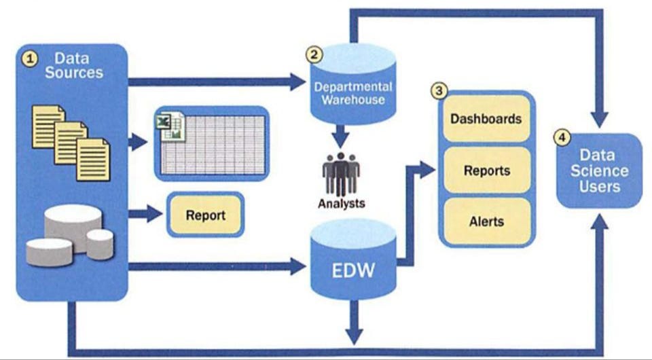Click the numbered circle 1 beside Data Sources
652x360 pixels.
[x=29, y=59]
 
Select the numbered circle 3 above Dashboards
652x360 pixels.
[x=439, y=90]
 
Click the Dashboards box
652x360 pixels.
[x=486, y=119]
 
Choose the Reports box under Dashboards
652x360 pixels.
[x=486, y=171]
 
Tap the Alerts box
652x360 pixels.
[x=486, y=221]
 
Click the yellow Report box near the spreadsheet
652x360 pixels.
[x=204, y=215]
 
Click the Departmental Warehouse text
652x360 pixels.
[x=352, y=93]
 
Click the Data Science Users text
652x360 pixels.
[x=598, y=170]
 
